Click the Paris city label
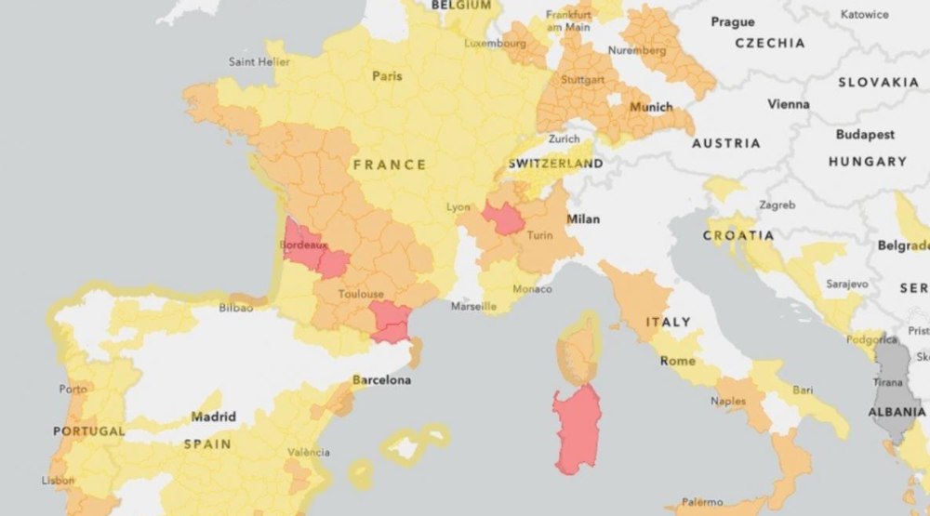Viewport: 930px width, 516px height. point(387,76)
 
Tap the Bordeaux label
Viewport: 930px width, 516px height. point(303,245)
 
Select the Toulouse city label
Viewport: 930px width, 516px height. point(361,294)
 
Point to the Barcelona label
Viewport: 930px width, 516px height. point(381,380)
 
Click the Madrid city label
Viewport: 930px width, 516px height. point(213,417)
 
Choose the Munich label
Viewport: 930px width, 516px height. point(651,107)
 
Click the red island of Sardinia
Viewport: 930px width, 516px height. point(578,428)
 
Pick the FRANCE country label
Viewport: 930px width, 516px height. point(390,165)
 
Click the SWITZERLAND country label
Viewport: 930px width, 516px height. point(555,163)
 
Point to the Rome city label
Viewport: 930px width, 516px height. point(677,361)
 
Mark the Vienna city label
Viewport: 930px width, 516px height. point(788,105)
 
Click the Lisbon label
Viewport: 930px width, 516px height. point(59,481)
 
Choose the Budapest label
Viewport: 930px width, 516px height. point(865,135)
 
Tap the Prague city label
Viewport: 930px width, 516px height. point(733,21)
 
